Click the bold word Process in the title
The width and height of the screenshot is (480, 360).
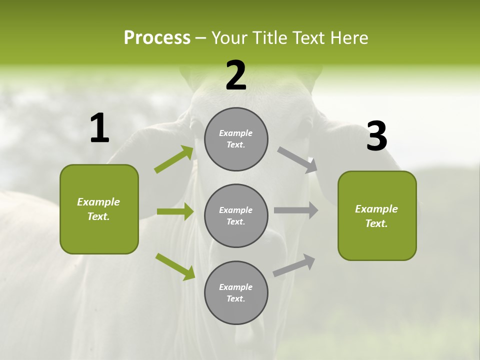(x=157, y=38)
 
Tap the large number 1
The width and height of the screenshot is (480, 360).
(x=99, y=128)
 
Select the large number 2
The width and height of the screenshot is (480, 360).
(x=236, y=75)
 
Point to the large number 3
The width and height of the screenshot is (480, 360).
(x=376, y=136)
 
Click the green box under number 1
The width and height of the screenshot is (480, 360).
(x=99, y=209)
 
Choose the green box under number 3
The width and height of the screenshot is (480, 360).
(x=377, y=215)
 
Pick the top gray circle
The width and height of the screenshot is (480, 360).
(x=236, y=139)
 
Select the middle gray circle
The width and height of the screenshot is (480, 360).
(x=236, y=215)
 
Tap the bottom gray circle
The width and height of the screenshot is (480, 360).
(x=236, y=292)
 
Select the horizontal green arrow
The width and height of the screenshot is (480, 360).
(x=175, y=211)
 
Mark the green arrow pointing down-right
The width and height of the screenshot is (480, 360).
(x=175, y=266)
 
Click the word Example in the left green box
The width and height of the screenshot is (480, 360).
(x=98, y=202)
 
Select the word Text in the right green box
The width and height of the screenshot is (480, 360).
(x=375, y=223)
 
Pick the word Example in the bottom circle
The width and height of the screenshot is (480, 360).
(x=235, y=287)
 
